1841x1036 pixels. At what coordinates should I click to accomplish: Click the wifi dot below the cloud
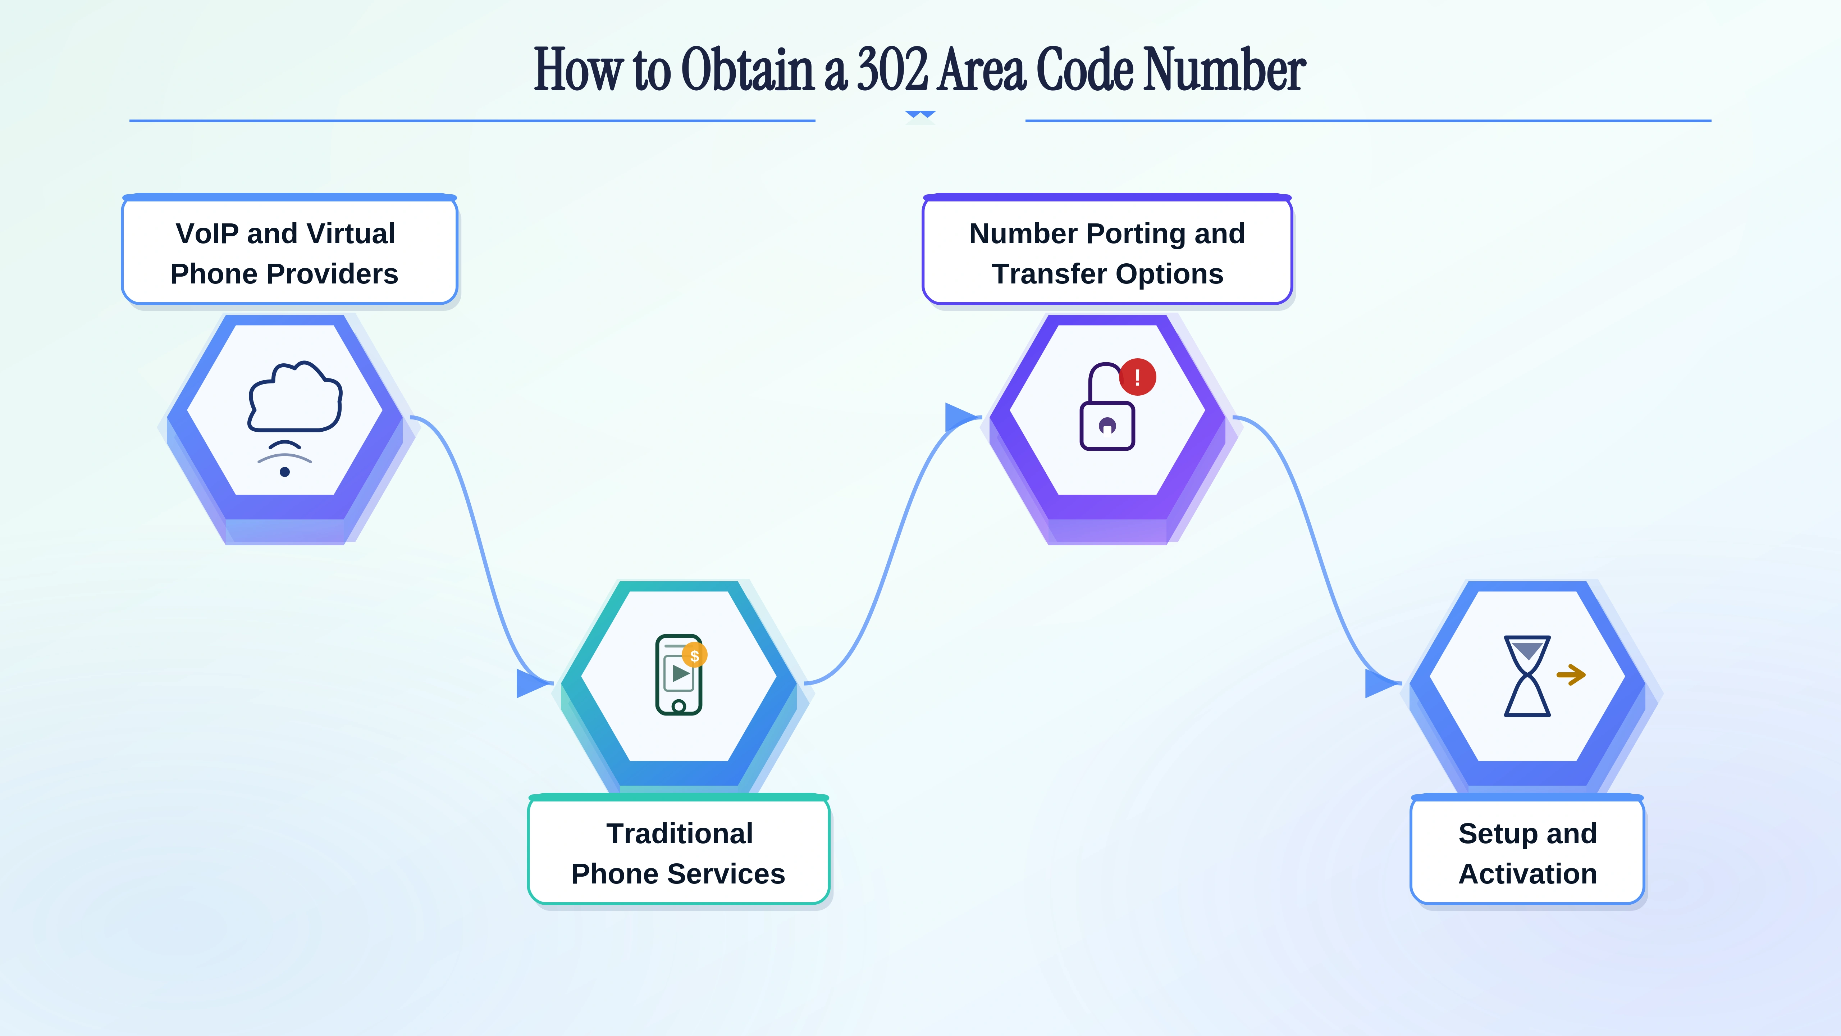click(284, 472)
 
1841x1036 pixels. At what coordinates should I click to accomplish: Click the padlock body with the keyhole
click(1107, 426)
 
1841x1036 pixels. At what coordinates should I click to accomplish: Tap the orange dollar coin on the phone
click(694, 655)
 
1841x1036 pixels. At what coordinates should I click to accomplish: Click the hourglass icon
click(1527, 676)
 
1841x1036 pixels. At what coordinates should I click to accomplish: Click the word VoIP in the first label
click(207, 234)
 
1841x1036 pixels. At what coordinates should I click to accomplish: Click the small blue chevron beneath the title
click(920, 114)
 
